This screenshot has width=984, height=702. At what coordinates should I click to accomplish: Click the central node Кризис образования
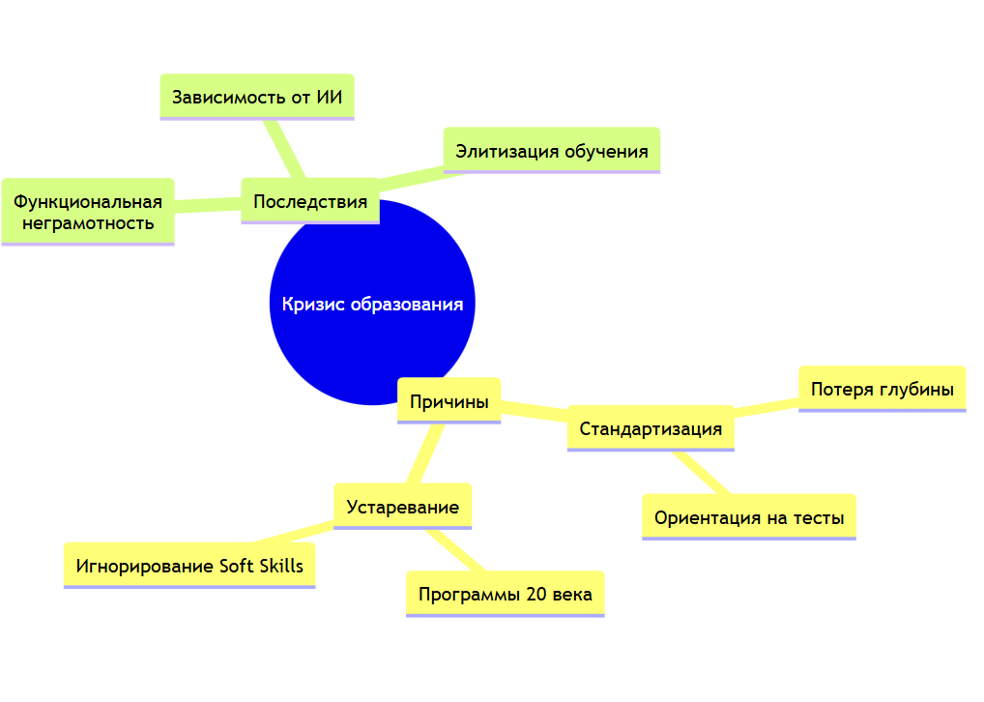point(372,304)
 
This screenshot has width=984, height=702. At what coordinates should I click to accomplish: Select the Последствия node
point(309,201)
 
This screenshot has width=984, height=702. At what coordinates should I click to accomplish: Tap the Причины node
point(449,400)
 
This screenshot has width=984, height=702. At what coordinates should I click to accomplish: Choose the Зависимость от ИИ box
point(256,97)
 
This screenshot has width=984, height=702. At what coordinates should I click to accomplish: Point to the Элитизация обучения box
point(551,150)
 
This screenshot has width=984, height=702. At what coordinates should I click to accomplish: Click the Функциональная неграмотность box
point(87,212)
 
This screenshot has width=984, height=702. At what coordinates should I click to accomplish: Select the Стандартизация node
point(650,428)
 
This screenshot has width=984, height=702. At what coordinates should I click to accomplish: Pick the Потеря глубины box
point(882,389)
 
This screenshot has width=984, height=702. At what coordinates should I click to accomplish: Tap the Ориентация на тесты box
point(749,517)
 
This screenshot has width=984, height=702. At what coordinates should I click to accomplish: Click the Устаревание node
point(402,507)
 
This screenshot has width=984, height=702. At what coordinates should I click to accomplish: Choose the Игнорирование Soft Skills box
point(189,566)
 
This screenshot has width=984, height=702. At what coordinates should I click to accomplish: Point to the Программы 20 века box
point(505,594)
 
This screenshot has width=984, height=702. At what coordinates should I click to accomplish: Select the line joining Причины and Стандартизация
point(534,411)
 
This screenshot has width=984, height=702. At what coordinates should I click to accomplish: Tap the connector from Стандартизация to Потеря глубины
point(766,407)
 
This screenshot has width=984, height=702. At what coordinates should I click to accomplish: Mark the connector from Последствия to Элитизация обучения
point(412,175)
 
